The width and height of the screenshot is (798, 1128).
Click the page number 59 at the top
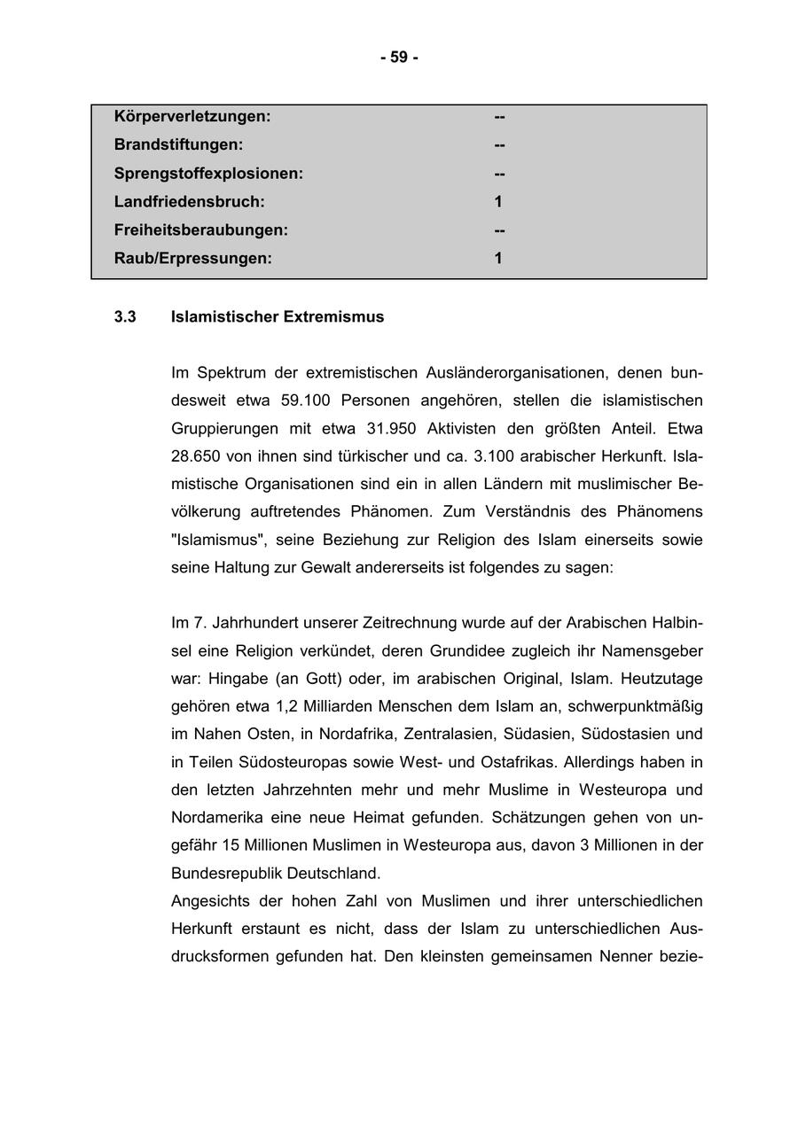click(399, 58)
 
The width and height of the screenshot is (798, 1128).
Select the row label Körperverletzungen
click(192, 116)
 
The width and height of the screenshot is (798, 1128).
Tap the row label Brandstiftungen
click(178, 144)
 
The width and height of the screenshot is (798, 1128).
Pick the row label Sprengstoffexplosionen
click(208, 174)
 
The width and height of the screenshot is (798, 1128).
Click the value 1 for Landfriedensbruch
click(498, 202)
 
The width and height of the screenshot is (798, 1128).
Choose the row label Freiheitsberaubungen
click(201, 230)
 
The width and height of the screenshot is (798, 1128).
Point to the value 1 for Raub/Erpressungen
click(498, 259)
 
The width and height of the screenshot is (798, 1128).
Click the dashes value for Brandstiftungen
click(499, 144)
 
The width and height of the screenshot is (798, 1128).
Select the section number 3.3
click(125, 317)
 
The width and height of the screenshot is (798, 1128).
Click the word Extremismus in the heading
click(333, 317)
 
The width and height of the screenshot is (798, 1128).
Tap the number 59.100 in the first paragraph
click(305, 401)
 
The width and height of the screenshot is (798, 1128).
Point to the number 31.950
click(391, 429)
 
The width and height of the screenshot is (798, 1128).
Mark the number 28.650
click(200, 456)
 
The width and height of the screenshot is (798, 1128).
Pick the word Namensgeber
click(652, 651)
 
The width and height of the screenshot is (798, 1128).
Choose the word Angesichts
click(210, 901)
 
